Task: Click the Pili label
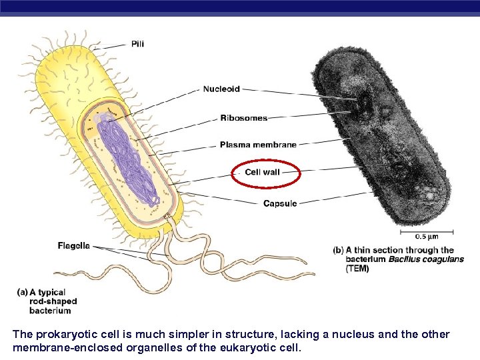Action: (137, 44)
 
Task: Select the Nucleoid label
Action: (221, 89)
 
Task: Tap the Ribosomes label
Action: (243, 118)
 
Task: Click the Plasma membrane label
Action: (258, 144)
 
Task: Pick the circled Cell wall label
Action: (262, 172)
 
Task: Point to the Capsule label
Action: (279, 203)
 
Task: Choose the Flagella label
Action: (73, 245)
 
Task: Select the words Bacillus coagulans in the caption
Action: (426, 259)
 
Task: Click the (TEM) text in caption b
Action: (357, 269)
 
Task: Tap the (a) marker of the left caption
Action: (22, 292)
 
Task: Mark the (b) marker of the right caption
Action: (338, 251)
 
